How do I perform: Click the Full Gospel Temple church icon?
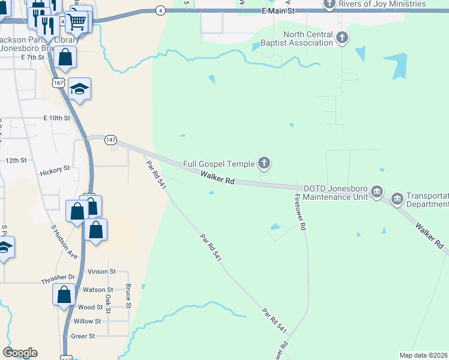coord(264,163)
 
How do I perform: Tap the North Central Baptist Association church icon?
coord(342,38)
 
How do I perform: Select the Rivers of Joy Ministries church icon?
coord(330,4)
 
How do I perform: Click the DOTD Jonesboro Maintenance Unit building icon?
coord(376,192)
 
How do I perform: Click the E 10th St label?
coord(56,118)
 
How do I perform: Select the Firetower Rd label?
coord(301,212)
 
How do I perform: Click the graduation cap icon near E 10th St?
coord(79,89)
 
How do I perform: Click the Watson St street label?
coord(98,290)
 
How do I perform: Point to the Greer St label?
coord(83,337)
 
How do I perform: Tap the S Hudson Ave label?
coord(65,241)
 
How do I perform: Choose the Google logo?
coord(20,352)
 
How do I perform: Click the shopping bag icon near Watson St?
coord(64,295)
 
